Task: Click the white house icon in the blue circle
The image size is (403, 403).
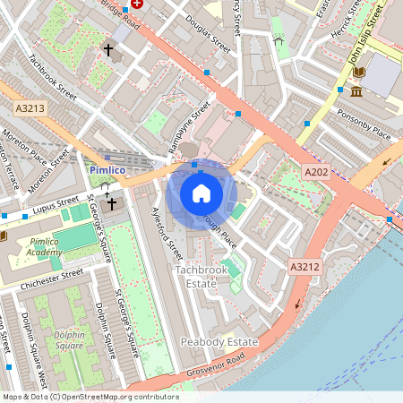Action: pyautogui.click(x=201, y=193)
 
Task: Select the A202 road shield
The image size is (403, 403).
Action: pyautogui.click(x=314, y=172)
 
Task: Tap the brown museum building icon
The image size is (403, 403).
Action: pyautogui.click(x=356, y=91)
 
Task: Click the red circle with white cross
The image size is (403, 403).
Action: pyautogui.click(x=137, y=4)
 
